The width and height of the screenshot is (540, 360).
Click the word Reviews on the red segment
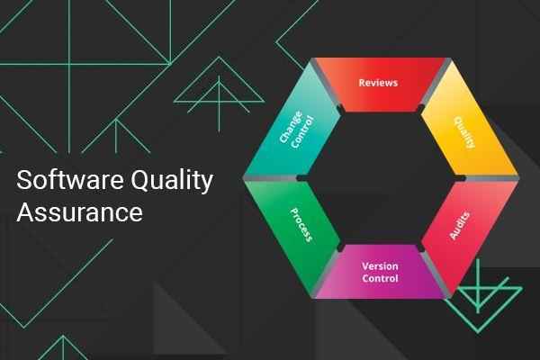click(378, 83)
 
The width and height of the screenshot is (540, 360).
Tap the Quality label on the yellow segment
click(463, 132)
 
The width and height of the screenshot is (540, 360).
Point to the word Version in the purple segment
click(380, 266)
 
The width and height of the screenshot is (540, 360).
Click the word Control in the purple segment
click(380, 279)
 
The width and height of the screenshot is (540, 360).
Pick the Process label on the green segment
click(301, 221)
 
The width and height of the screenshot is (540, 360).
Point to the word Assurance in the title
click(80, 213)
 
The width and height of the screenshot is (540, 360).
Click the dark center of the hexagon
click(382, 177)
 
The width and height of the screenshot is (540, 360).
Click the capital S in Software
click(24, 181)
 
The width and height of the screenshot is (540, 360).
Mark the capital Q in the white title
click(148, 182)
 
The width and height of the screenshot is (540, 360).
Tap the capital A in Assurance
click(25, 213)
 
